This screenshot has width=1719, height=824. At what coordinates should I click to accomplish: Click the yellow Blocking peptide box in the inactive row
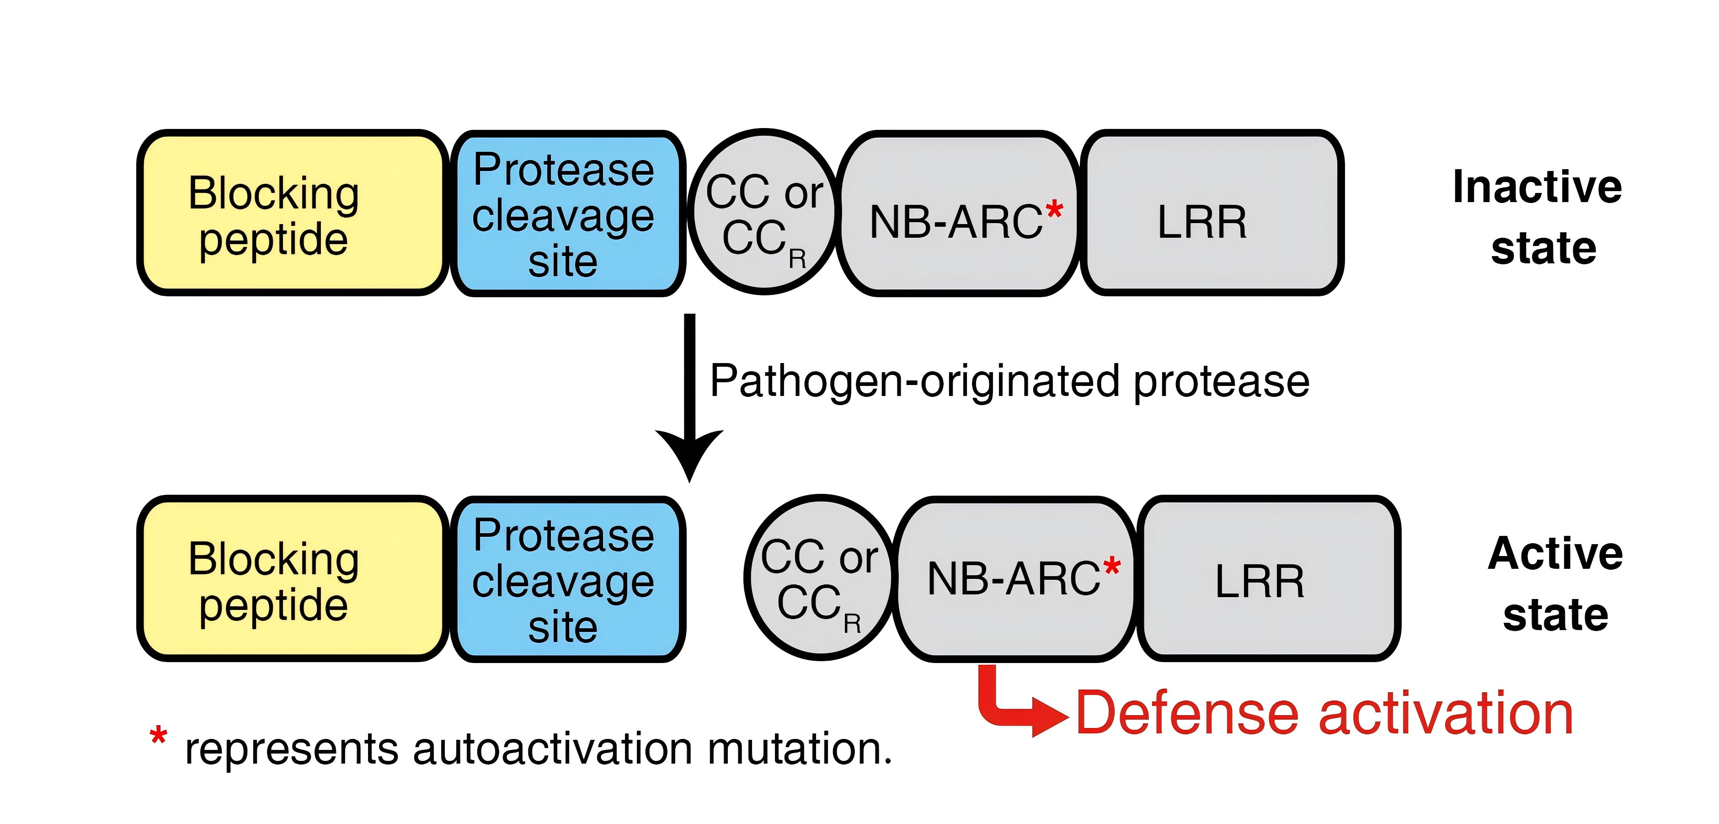pos(292,213)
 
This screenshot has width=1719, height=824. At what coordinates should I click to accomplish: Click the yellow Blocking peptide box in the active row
pos(292,578)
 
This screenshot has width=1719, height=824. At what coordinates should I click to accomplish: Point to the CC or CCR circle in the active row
pos(821,577)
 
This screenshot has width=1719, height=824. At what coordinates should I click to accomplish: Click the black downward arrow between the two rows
pos(689,398)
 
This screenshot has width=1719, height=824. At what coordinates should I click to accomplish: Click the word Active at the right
pos(1555,553)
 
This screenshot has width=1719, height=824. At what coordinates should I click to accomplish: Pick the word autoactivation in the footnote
pos(553,749)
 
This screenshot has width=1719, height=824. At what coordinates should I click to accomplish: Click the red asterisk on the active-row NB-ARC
pos(1112,567)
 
